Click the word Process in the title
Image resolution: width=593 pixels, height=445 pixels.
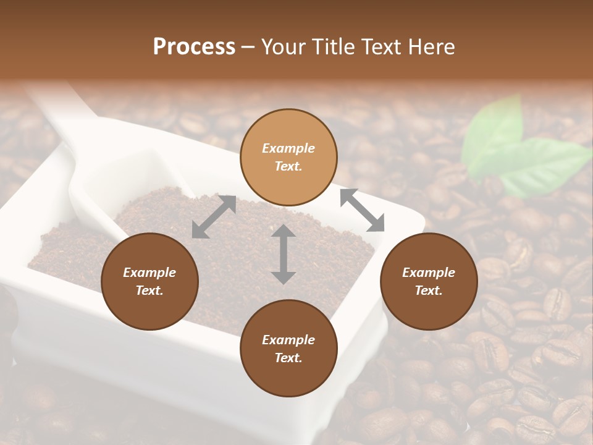point(194,47)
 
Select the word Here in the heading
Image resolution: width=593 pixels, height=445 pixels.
point(431,47)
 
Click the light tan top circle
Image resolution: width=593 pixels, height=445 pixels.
point(288,158)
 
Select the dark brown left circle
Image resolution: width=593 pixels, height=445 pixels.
point(149,281)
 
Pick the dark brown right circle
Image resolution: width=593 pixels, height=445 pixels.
point(428,281)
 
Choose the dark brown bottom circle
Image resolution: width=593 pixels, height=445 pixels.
point(288,348)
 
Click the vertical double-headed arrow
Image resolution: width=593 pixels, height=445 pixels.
point(284,254)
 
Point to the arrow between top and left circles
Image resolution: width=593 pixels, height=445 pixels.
point(214,216)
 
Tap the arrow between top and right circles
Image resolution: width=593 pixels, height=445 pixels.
point(362,210)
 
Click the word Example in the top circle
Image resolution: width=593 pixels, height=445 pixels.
point(288,148)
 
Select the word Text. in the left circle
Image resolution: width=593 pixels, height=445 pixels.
point(149,290)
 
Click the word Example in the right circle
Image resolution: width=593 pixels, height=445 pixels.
point(428,273)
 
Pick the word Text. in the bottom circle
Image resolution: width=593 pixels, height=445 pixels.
point(288,358)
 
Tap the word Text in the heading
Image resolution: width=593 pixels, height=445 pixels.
point(377,47)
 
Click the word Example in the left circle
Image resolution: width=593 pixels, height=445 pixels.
point(149,273)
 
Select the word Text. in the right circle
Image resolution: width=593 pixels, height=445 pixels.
point(428,290)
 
